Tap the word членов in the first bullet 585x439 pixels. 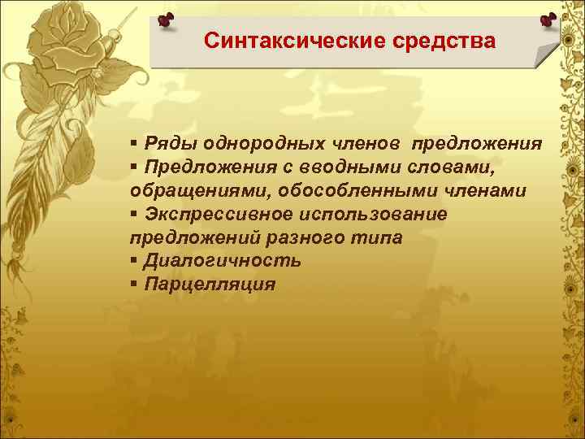[363, 144]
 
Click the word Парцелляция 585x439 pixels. [210, 285]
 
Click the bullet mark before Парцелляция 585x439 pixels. [133, 285]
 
